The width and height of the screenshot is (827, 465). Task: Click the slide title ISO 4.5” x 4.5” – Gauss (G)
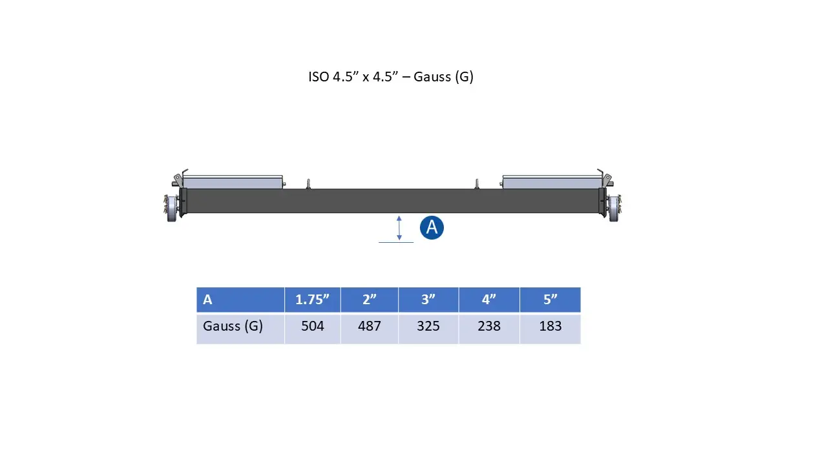(391, 77)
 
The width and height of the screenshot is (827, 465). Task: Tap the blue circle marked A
(432, 227)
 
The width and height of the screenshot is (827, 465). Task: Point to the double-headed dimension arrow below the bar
(399, 228)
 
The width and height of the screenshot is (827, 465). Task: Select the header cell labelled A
(240, 300)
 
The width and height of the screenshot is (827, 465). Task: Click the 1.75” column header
(313, 300)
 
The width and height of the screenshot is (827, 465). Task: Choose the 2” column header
(370, 300)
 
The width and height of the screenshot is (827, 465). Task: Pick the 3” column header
(428, 300)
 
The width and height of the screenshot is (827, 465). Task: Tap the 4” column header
(489, 300)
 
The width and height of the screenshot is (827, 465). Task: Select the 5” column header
(550, 300)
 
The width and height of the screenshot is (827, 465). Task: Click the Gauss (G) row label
(240, 327)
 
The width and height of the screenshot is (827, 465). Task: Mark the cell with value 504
(313, 327)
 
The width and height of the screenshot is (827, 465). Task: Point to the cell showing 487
(370, 327)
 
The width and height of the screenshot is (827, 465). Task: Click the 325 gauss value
(428, 327)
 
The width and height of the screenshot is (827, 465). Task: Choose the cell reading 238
(489, 327)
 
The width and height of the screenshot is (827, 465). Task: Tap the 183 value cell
(550, 327)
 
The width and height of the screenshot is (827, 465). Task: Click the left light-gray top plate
(233, 181)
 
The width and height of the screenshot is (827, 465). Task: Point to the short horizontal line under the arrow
(396, 242)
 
